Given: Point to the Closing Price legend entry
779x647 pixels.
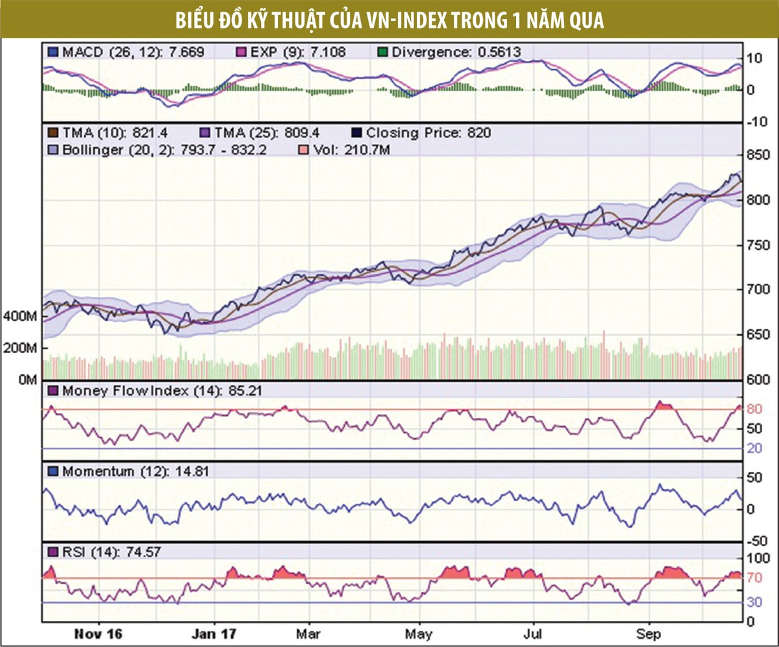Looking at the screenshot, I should click(421, 133).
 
